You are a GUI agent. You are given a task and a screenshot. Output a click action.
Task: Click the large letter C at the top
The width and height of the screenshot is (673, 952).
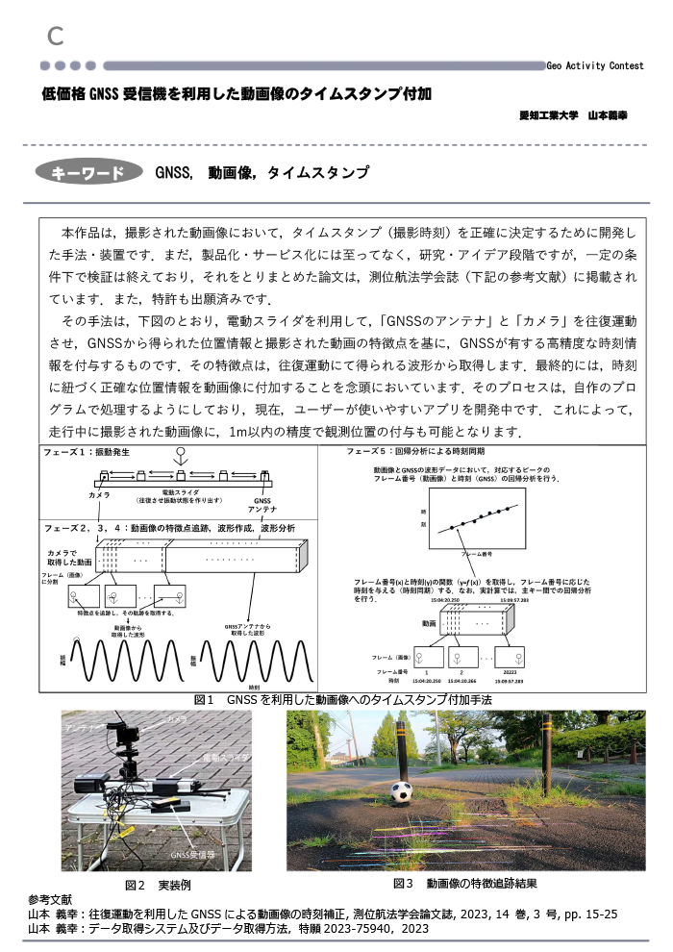pos(56,37)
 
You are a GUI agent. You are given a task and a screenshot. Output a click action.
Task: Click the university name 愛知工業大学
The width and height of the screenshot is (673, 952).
pos(547,114)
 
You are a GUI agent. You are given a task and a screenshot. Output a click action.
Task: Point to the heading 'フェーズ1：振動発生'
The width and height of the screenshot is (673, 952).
pos(85,451)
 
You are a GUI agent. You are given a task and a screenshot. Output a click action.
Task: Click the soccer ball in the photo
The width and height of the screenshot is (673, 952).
pos(402,792)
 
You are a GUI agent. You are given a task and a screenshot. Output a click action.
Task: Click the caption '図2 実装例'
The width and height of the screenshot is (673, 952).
pos(153,885)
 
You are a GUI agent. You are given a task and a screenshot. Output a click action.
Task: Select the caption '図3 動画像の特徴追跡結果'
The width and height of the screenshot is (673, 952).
pos(465,883)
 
